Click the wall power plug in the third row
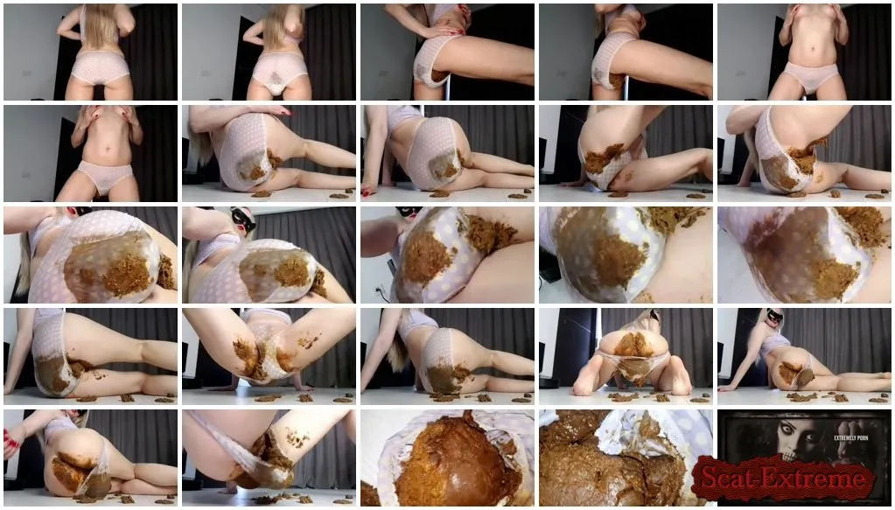[379, 290]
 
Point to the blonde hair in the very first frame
[101, 25]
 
